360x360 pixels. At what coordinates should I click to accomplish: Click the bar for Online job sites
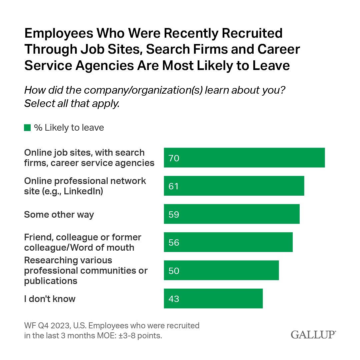(x=244, y=158)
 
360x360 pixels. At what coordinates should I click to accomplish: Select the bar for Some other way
(x=232, y=214)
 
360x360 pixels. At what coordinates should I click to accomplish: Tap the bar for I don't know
(x=213, y=299)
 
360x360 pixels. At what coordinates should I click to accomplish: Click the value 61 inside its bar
(x=174, y=186)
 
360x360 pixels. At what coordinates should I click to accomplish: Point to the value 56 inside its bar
(x=174, y=242)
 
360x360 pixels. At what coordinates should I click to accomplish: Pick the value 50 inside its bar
(x=174, y=271)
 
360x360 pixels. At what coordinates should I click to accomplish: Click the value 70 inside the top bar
(x=174, y=158)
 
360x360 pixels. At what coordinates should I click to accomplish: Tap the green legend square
(x=27, y=128)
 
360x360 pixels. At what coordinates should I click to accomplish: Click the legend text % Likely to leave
(x=69, y=128)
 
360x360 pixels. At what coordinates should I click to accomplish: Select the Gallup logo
(x=313, y=334)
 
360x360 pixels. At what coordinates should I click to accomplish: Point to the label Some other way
(x=59, y=214)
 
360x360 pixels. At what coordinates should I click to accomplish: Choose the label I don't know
(x=50, y=299)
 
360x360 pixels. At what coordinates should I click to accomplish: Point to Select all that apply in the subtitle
(x=72, y=104)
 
